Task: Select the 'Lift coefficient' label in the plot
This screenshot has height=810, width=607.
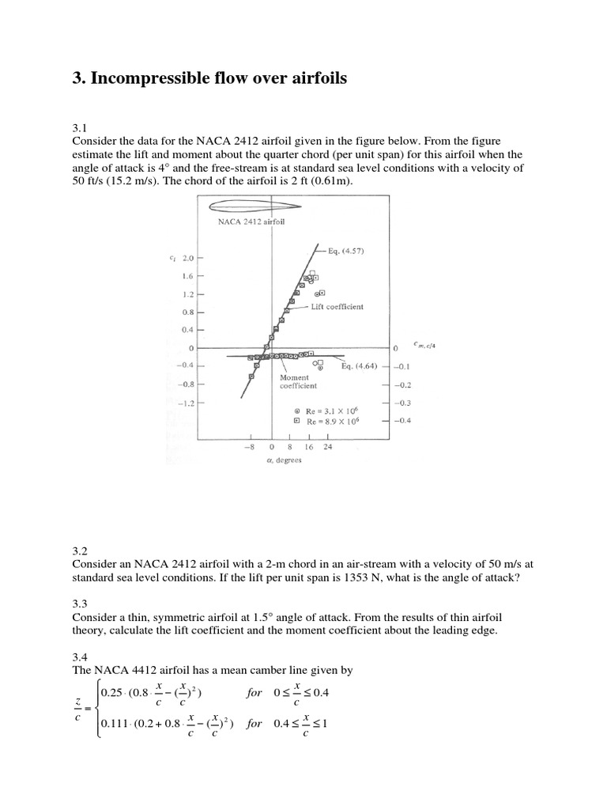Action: [336, 306]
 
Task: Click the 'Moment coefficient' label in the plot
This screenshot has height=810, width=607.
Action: [299, 381]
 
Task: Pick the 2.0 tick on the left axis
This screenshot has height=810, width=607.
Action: [188, 258]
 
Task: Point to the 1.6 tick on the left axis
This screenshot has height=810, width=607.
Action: [188, 276]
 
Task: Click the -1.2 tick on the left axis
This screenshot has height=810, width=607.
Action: [187, 403]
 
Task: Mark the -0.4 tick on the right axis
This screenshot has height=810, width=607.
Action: [402, 422]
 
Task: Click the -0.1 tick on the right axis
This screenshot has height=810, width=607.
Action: [402, 366]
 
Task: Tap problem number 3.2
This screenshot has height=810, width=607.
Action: [80, 551]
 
